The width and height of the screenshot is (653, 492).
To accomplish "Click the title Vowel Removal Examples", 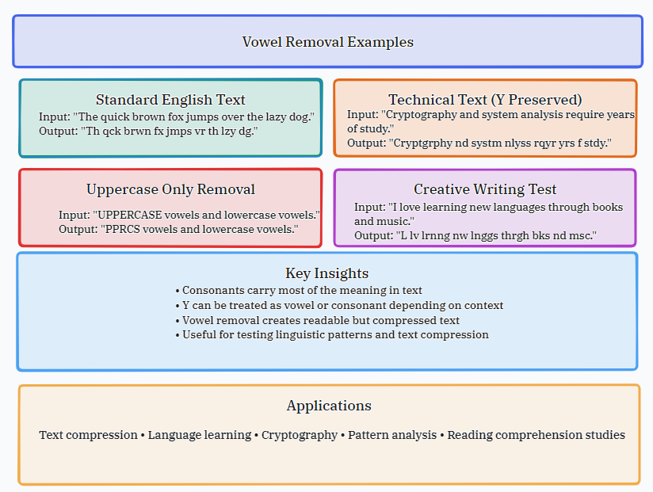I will (327, 42).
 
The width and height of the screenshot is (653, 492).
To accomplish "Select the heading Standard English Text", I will (170, 100).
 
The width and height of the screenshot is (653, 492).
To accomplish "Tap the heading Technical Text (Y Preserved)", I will (485, 100).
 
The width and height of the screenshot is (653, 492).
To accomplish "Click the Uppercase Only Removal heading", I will (170, 189).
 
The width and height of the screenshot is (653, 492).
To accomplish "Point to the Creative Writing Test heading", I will (485, 189).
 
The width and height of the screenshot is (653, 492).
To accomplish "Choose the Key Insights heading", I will (327, 273).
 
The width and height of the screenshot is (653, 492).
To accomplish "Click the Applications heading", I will (329, 406).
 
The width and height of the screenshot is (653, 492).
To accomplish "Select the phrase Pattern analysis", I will (392, 435).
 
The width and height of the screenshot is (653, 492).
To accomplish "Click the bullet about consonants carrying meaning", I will (302, 291).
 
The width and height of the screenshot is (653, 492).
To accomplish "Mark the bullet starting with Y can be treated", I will (339, 306).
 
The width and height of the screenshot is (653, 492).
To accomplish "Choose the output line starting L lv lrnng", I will (475, 236).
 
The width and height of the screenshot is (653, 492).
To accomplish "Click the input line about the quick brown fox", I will (177, 117).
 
